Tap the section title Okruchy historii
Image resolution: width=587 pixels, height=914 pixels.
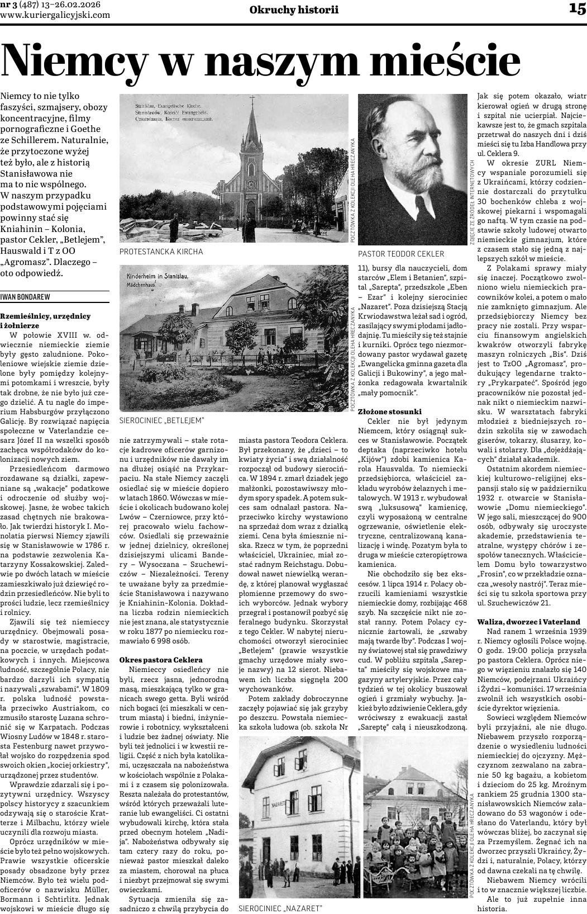pyautogui.click(x=294, y=10)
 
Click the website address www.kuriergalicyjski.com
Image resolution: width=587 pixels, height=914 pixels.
pyautogui.click(x=55, y=15)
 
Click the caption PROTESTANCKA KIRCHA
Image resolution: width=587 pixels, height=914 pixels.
pyautogui.click(x=161, y=252)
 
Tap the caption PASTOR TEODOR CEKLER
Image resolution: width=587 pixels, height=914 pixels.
pyautogui.click(x=401, y=254)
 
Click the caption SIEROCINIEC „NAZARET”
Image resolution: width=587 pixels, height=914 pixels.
pyautogui.click(x=280, y=908)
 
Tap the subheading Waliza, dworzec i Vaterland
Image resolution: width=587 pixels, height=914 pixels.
pyautogui.click(x=528, y=622)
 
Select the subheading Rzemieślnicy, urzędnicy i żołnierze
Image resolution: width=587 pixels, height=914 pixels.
pyautogui.click(x=46, y=320)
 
